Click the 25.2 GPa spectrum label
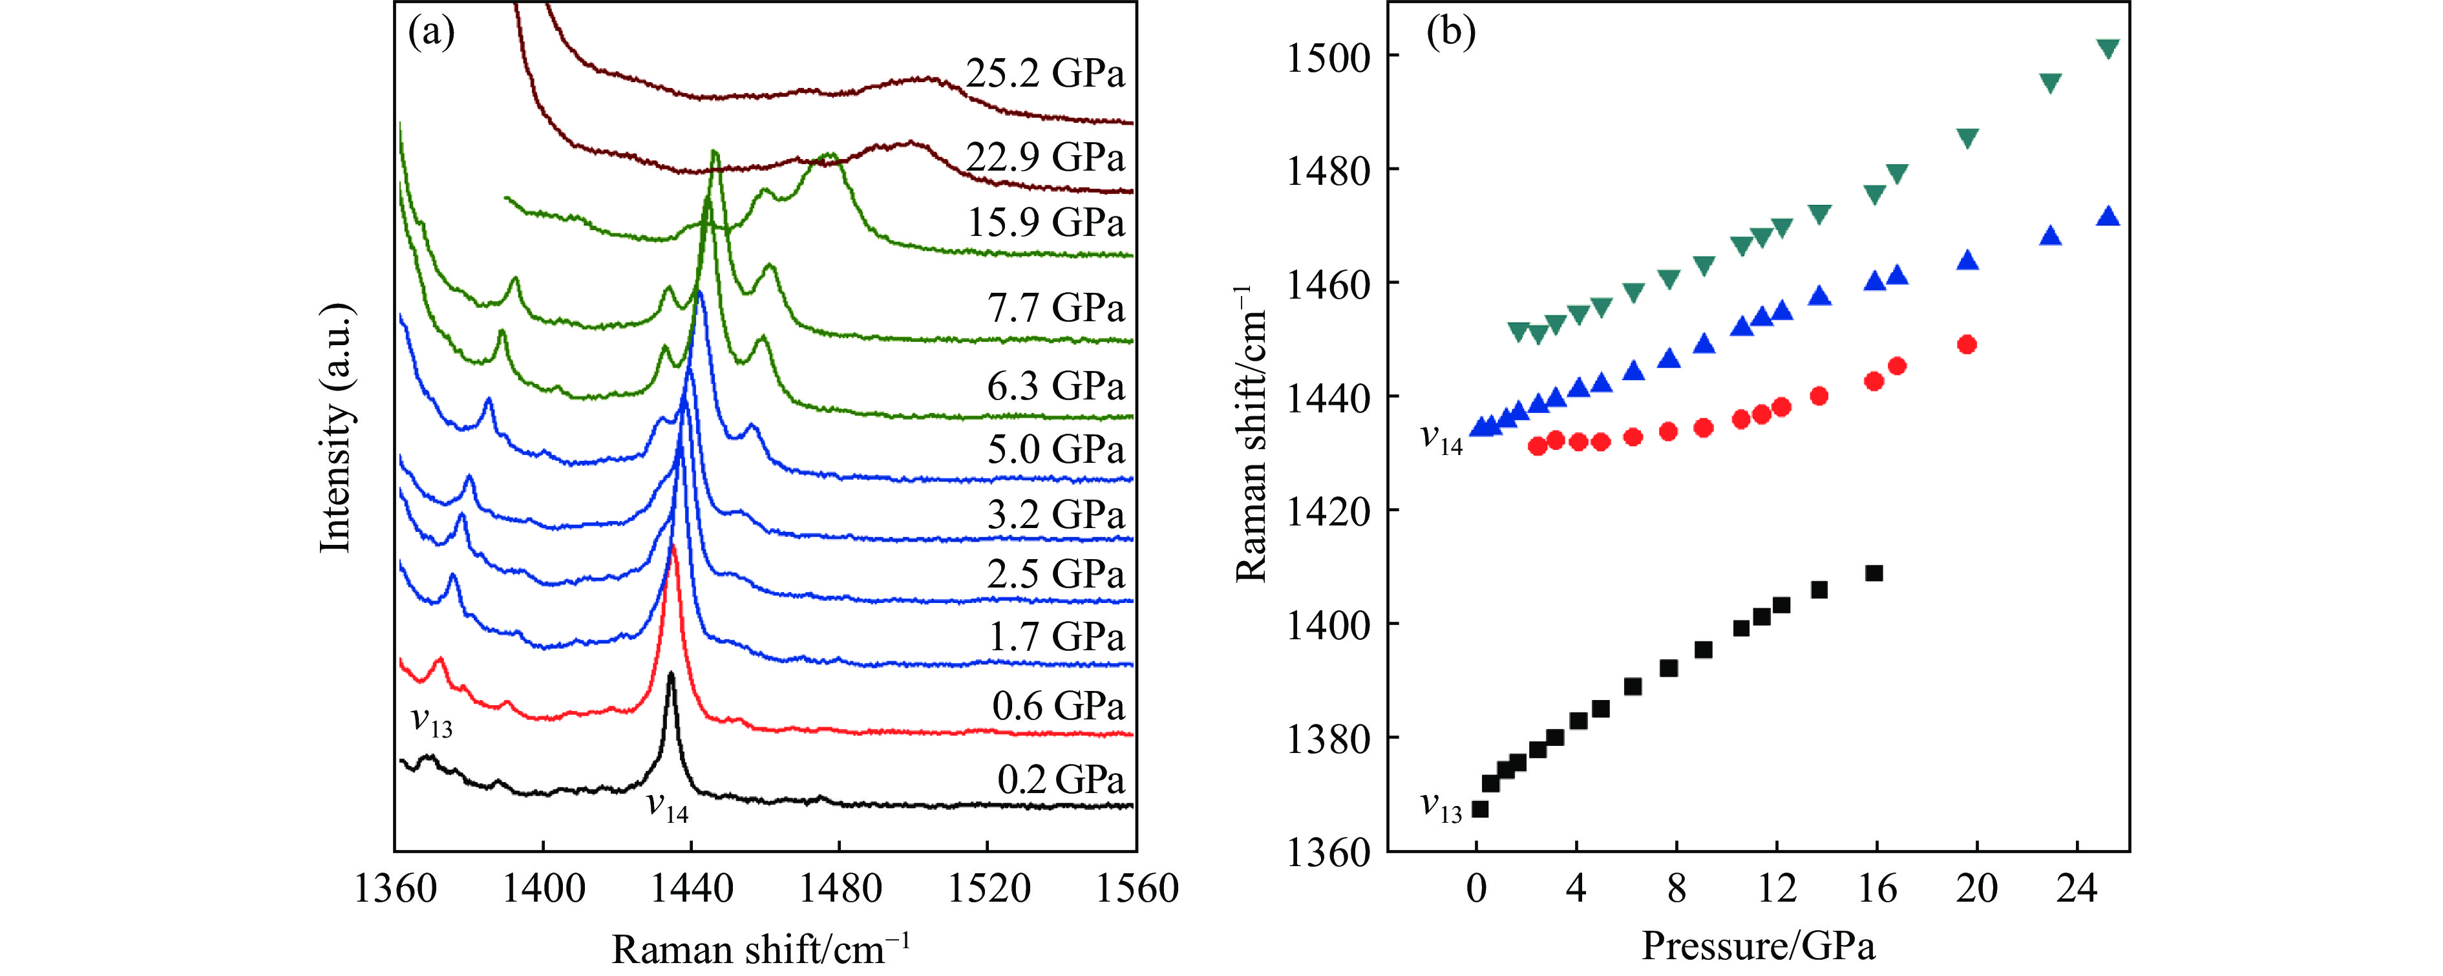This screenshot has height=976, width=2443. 1045,73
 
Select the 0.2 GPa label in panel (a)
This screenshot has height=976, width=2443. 1061,779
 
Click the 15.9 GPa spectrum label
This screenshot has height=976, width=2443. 1045,222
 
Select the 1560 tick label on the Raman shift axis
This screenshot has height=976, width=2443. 1136,889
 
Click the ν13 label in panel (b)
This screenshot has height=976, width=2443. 1441,807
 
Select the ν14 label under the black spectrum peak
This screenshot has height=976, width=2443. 667,807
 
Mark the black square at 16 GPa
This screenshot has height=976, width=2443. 1874,573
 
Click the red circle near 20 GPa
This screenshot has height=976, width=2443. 1967,345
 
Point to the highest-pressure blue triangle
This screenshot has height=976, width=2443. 2108,217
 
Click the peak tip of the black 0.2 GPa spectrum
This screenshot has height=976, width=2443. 672,674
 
